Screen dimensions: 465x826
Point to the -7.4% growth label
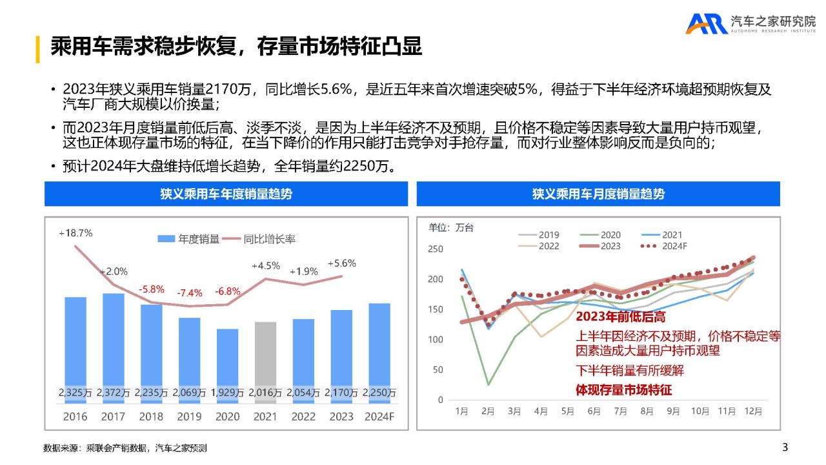tap(189, 293)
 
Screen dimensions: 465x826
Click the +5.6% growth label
tap(341, 263)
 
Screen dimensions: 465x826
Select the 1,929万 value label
tap(227, 393)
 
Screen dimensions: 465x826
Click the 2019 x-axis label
tap(189, 417)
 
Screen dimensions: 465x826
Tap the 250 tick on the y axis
tap(436, 249)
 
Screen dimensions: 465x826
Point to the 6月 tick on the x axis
tap(594, 411)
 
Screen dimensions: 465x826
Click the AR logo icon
tap(706, 24)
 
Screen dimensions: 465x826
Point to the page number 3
tap(785, 447)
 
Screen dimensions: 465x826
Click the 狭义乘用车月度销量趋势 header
tap(598, 194)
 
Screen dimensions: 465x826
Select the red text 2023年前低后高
tap(620, 317)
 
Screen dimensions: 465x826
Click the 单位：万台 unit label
tap(451, 227)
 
